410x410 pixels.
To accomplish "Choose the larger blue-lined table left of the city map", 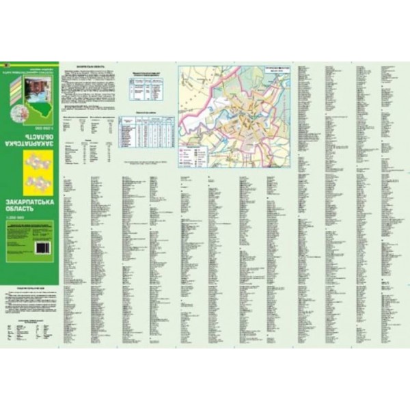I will (144, 130).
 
